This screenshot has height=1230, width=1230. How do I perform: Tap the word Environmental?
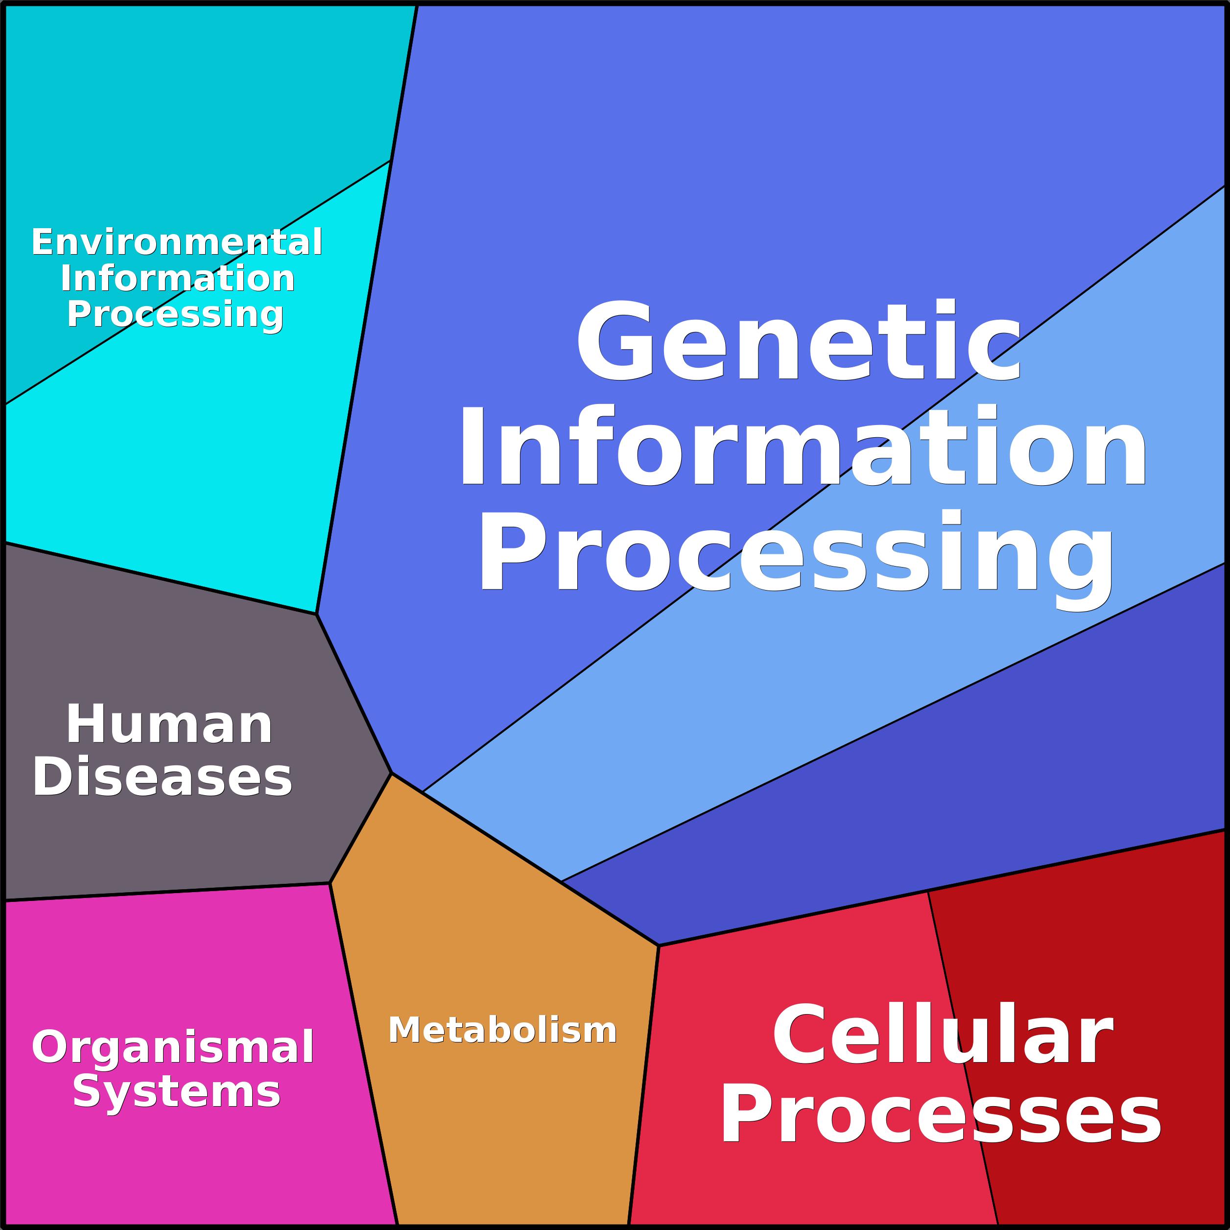pyautogui.click(x=177, y=242)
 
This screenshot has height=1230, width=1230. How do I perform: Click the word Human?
pyautogui.click(x=169, y=725)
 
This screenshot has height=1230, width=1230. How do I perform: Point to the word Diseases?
pyautogui.click(x=163, y=778)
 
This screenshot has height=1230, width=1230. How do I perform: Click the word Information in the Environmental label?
pyautogui.click(x=178, y=279)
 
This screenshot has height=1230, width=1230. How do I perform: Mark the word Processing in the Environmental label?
pyautogui.click(x=175, y=314)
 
